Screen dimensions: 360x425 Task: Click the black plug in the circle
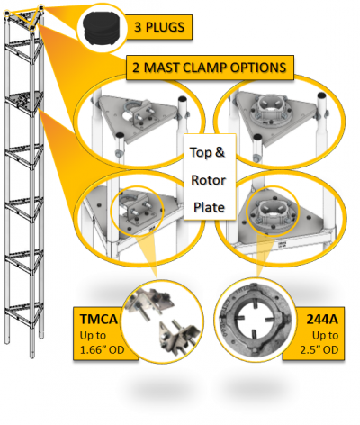point(103,29)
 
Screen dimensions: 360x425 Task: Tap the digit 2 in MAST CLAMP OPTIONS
point(136,68)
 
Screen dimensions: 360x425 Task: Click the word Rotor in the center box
point(209,180)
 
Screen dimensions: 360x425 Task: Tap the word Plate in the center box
point(209,207)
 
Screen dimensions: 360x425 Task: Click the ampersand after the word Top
point(220,152)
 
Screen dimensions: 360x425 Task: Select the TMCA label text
point(99,319)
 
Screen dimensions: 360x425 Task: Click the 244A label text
point(322,320)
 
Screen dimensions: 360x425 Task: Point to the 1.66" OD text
point(102,350)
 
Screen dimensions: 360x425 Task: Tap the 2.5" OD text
point(319,350)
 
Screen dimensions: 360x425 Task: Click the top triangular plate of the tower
point(24,18)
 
